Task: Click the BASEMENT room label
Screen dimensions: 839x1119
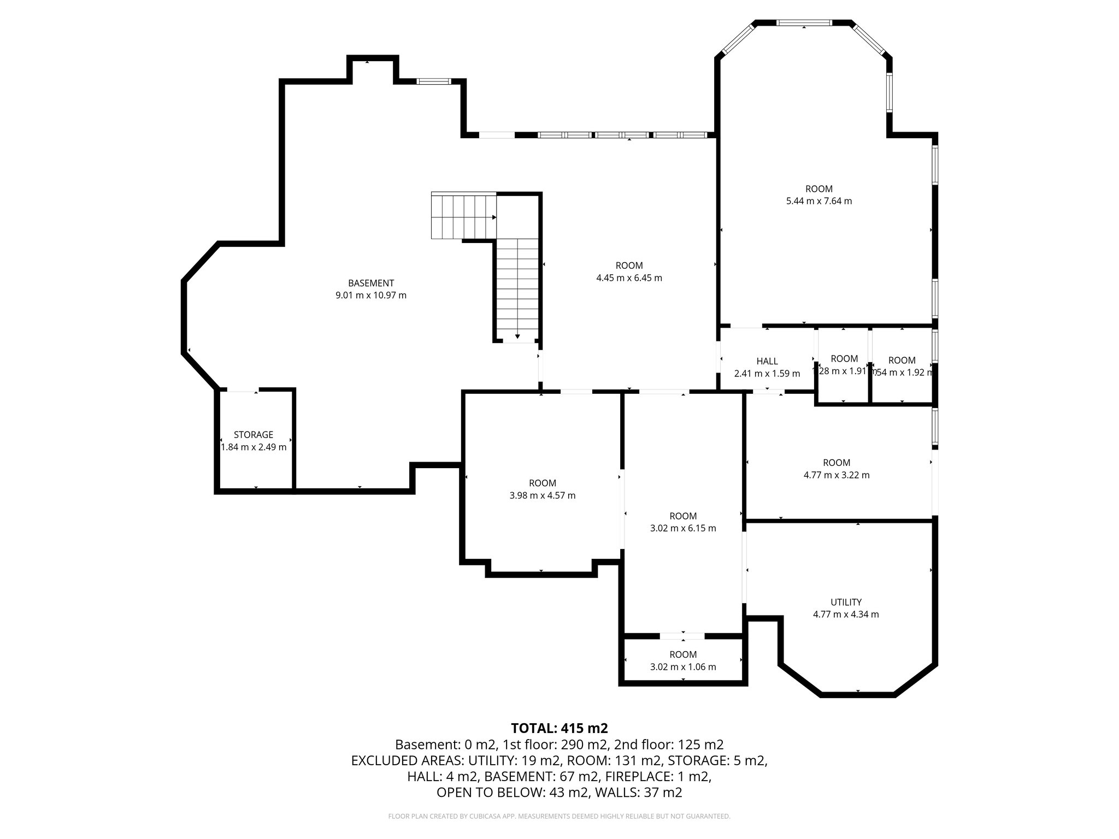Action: [371, 283]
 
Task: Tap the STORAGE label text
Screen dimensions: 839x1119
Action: [253, 435]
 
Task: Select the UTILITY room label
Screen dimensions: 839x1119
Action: [846, 602]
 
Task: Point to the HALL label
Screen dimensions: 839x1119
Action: [767, 361]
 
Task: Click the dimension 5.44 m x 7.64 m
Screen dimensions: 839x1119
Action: [818, 201]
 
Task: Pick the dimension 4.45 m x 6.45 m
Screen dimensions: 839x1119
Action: [629, 278]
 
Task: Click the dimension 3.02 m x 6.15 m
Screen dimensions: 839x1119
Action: [683, 528]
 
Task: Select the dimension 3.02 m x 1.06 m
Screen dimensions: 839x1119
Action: [683, 667]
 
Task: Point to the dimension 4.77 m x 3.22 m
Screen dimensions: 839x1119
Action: [837, 475]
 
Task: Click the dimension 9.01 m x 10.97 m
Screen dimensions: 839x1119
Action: [371, 296]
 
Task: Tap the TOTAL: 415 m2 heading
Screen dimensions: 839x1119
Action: [559, 728]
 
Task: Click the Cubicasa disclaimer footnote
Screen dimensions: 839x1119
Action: [559, 817]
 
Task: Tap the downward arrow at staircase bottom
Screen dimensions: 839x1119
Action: [517, 336]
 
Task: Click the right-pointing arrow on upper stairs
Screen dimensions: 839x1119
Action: [493, 217]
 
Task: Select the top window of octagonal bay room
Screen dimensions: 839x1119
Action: [804, 23]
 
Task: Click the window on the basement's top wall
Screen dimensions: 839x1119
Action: [433, 81]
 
